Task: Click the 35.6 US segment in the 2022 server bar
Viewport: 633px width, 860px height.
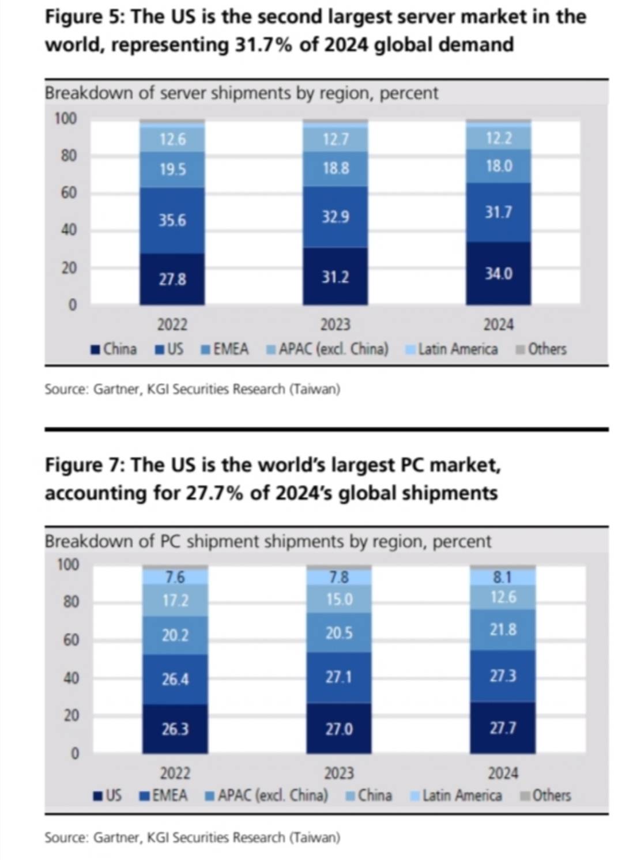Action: (172, 220)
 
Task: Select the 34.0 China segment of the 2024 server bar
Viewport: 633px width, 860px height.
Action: (498, 273)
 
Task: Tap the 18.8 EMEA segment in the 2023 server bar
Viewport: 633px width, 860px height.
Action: (335, 168)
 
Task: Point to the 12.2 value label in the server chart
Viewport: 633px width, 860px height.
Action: (498, 138)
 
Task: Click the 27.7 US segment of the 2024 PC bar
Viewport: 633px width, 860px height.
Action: (503, 728)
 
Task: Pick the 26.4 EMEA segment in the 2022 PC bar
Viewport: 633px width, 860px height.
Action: (175, 679)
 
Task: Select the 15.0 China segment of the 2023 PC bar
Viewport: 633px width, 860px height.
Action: (339, 599)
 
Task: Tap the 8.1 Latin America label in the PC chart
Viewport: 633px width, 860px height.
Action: (503, 577)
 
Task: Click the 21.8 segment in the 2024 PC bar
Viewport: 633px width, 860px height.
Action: (503, 629)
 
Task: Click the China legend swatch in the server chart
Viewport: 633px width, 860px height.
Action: (96, 350)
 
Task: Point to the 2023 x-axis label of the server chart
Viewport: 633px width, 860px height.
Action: (335, 325)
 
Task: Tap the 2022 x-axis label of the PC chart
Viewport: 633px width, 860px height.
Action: (175, 772)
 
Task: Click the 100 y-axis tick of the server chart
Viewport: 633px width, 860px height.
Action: (65, 119)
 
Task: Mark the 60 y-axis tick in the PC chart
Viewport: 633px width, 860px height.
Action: (71, 640)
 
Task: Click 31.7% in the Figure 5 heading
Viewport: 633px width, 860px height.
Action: (263, 45)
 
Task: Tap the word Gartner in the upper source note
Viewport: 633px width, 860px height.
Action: (116, 389)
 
